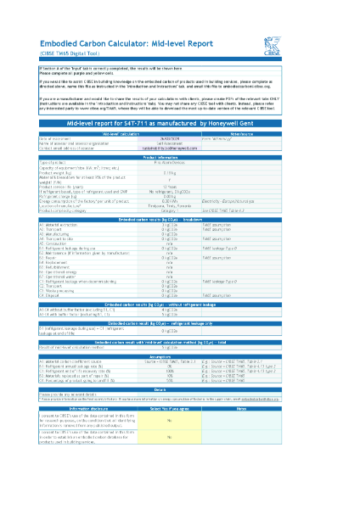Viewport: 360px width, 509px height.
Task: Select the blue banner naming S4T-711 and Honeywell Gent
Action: tap(179, 122)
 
